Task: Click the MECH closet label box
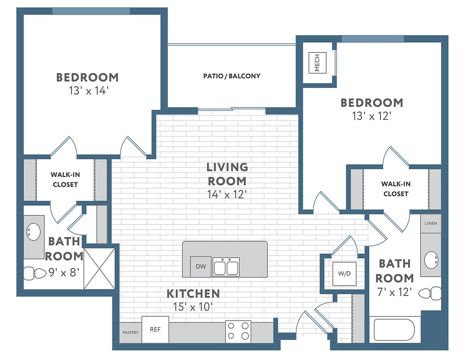click(x=317, y=63)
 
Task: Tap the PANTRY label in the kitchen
click(x=131, y=332)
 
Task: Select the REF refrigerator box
click(x=155, y=329)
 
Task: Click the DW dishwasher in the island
click(x=201, y=266)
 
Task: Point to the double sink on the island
click(x=226, y=267)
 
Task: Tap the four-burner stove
click(x=238, y=331)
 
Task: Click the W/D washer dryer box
click(x=344, y=274)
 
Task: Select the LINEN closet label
click(x=431, y=223)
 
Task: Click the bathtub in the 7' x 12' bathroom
click(x=394, y=330)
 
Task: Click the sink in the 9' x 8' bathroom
click(x=33, y=232)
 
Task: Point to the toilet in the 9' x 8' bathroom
click(x=34, y=273)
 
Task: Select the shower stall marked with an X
click(x=99, y=268)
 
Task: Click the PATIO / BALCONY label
click(x=232, y=76)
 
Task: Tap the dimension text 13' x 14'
click(x=88, y=91)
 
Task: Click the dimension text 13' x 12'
click(x=372, y=116)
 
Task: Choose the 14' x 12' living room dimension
click(x=227, y=194)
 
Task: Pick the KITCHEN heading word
click(x=193, y=294)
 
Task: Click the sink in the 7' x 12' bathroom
click(x=431, y=260)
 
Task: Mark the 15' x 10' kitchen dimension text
click(x=193, y=307)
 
